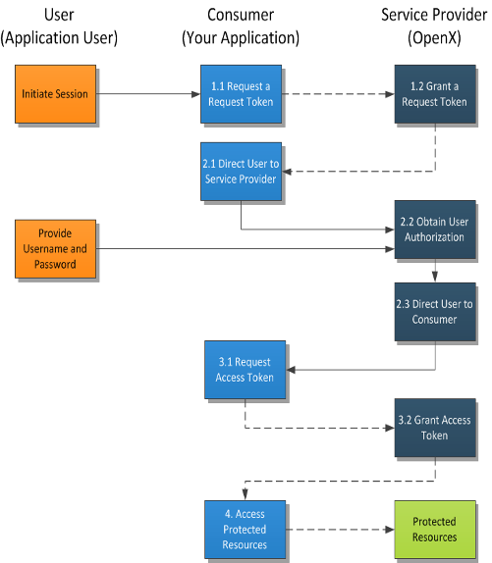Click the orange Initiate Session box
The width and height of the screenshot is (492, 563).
click(x=55, y=94)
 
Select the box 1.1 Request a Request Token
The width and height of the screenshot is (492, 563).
click(x=241, y=94)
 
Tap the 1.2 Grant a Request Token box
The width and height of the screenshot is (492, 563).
click(x=435, y=94)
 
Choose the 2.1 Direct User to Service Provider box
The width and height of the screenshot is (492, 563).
click(x=241, y=172)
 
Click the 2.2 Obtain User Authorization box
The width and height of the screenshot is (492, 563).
click(x=435, y=230)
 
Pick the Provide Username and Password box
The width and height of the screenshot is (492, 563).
click(x=55, y=249)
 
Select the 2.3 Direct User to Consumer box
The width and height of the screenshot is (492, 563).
click(x=435, y=312)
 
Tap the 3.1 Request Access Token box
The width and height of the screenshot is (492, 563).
click(x=246, y=370)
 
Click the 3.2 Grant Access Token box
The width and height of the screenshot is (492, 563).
click(x=435, y=428)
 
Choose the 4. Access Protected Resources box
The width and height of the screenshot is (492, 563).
click(x=246, y=530)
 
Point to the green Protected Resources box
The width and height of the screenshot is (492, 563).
click(x=435, y=530)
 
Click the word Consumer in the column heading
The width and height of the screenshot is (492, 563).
click(x=241, y=15)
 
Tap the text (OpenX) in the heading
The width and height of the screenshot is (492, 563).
click(x=434, y=38)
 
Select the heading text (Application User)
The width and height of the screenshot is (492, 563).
click(x=59, y=38)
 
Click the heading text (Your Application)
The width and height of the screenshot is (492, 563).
click(x=241, y=38)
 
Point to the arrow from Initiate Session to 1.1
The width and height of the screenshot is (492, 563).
click(x=148, y=94)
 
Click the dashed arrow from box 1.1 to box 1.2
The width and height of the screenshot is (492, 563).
click(x=338, y=94)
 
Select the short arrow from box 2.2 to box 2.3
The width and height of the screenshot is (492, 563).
click(x=435, y=271)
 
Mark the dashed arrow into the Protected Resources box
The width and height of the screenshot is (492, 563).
click(x=340, y=530)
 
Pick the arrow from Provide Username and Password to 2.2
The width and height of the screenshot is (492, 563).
click(x=246, y=249)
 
